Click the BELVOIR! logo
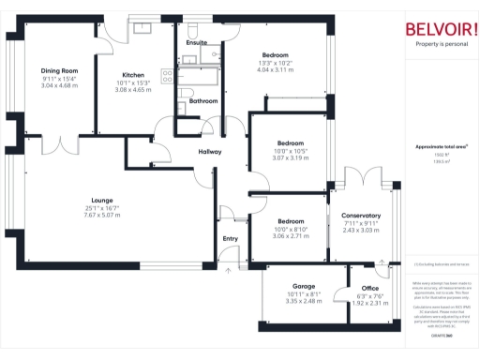pyautogui.click(x=441, y=29)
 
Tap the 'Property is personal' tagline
pyautogui.click(x=441, y=44)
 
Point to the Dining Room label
pyautogui.click(x=58, y=70)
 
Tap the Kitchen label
pyautogui.click(x=132, y=75)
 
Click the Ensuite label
pyautogui.click(x=197, y=43)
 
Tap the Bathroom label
pyautogui.click(x=203, y=100)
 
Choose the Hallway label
pyautogui.click(x=209, y=152)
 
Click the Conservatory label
pyautogui.click(x=361, y=216)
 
